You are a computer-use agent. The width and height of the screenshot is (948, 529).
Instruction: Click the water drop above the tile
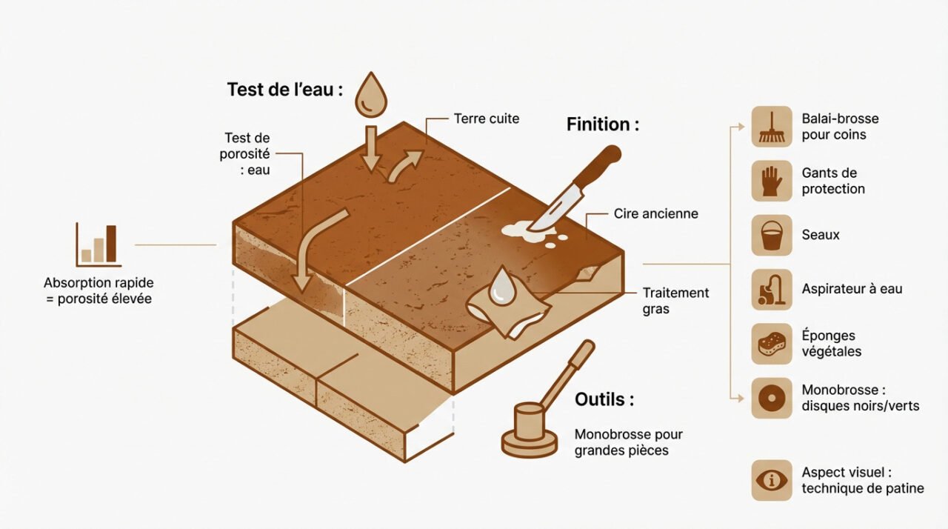click(370, 96)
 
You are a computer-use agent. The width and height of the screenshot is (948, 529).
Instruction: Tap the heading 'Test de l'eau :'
click(285, 90)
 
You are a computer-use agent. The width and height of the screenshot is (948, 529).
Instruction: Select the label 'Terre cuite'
click(487, 119)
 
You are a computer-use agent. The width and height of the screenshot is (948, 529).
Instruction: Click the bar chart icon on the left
click(98, 244)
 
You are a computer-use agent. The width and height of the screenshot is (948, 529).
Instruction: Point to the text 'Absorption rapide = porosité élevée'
click(99, 291)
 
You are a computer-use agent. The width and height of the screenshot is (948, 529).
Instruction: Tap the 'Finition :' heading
click(602, 124)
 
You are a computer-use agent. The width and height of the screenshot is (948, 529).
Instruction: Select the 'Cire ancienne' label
click(655, 213)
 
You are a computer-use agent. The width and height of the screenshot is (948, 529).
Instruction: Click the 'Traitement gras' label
click(675, 300)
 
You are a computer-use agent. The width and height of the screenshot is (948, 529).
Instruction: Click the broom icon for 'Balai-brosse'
click(772, 126)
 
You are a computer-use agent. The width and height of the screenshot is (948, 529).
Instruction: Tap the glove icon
click(772, 181)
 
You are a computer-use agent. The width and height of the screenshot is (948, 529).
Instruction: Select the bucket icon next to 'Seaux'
click(772, 235)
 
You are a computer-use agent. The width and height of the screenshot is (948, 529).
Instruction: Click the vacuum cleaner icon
click(772, 289)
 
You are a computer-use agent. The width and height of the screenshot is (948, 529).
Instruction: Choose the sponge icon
click(772, 344)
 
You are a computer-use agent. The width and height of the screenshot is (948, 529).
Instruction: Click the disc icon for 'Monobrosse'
click(772, 398)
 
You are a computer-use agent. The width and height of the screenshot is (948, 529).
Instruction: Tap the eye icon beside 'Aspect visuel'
click(772, 480)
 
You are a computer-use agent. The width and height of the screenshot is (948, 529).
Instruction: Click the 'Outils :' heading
click(604, 399)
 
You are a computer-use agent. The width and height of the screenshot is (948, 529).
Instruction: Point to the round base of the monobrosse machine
click(529, 443)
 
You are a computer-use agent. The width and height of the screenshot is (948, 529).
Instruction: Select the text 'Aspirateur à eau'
click(852, 289)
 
